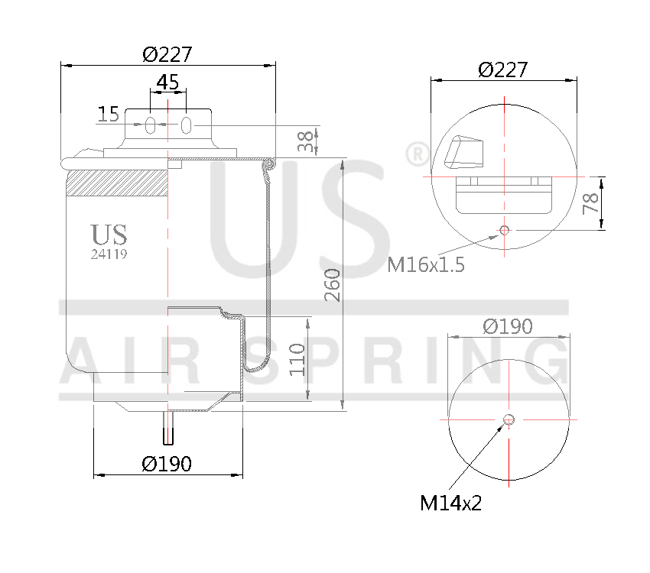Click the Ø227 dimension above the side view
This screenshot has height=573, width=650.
click(167, 54)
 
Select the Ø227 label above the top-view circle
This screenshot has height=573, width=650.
click(502, 70)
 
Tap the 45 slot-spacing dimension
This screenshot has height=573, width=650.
click(167, 81)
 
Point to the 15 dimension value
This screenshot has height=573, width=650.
click(109, 115)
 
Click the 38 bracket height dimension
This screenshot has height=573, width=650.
click(305, 141)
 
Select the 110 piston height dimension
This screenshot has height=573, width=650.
click(297, 358)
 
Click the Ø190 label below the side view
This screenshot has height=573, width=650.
click(167, 463)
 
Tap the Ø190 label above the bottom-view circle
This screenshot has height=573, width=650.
click(507, 326)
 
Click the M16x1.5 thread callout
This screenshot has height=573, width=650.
click(426, 264)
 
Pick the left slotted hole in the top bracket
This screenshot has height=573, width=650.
click(151, 125)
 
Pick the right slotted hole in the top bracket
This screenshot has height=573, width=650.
click(186, 125)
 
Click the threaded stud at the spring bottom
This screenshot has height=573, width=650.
click(168, 432)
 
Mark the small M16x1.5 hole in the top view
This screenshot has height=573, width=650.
click(503, 230)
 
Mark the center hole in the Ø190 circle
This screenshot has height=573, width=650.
click(509, 419)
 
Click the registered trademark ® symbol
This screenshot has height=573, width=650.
click(417, 155)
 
